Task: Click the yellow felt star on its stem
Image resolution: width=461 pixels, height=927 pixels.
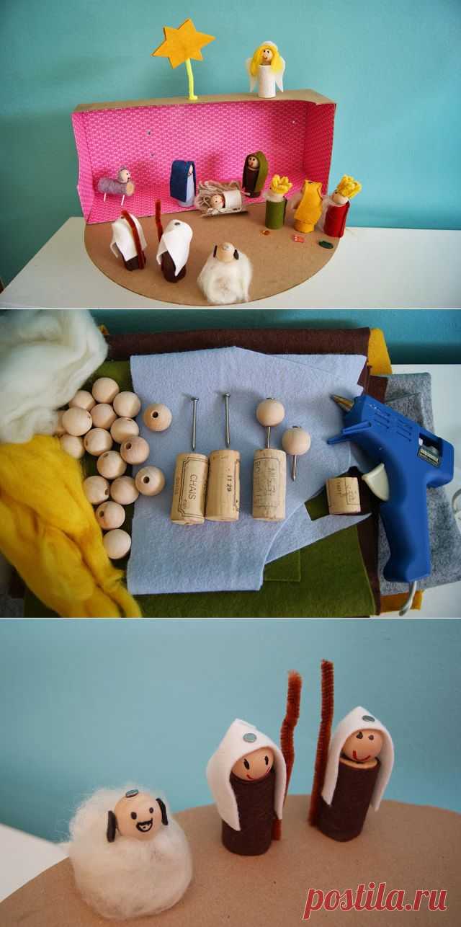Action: click(183, 45)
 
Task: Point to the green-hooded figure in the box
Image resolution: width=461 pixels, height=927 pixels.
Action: click(254, 174)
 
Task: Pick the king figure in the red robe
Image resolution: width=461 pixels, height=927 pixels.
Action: click(337, 210)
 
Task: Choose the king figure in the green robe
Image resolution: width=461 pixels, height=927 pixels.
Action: click(277, 203)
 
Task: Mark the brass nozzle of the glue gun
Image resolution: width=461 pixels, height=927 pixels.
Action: click(337, 401)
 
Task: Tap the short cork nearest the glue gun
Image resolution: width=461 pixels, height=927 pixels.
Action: click(343, 494)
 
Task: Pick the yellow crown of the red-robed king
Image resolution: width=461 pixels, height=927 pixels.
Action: click(349, 187)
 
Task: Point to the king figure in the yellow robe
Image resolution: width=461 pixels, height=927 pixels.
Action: click(308, 206)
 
